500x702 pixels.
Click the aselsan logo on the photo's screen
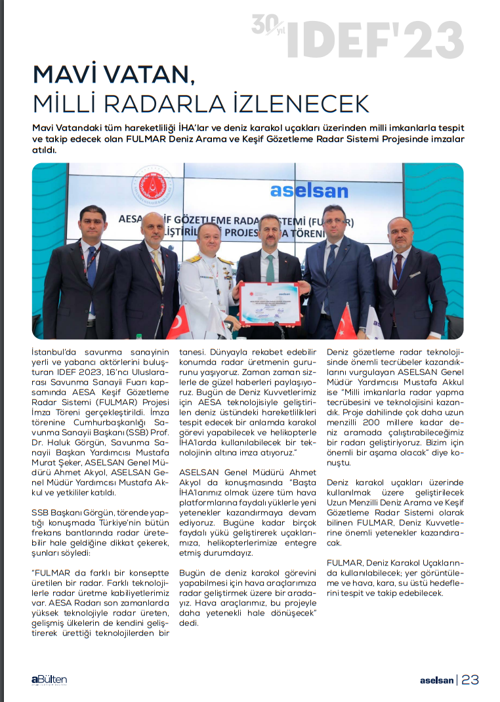click(x=308, y=191)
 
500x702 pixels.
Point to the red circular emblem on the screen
click(x=152, y=185)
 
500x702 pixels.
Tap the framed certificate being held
click(x=269, y=303)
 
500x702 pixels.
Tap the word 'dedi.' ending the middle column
click(x=189, y=623)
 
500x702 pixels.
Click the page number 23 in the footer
click(x=470, y=680)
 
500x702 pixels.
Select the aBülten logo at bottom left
click(x=49, y=680)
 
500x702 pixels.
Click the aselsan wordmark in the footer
click(x=436, y=680)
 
